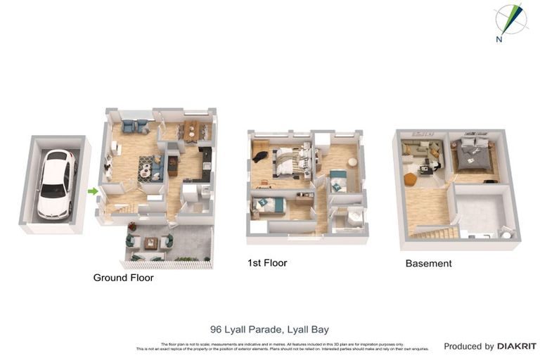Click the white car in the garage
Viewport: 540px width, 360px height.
tap(56, 184)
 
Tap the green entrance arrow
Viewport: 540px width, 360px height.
tap(92, 191)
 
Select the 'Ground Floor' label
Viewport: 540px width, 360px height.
tap(123, 278)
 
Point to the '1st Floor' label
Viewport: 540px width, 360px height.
tap(267, 263)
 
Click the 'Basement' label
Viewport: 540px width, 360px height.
tap(428, 264)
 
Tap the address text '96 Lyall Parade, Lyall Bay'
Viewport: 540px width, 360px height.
tap(269, 329)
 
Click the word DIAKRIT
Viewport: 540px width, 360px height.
tap(517, 346)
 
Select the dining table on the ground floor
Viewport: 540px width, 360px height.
tap(191, 130)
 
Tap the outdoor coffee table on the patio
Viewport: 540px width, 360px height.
tap(150, 243)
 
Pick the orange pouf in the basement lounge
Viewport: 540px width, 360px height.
tap(410, 179)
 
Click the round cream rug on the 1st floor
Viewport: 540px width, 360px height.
tap(352, 162)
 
